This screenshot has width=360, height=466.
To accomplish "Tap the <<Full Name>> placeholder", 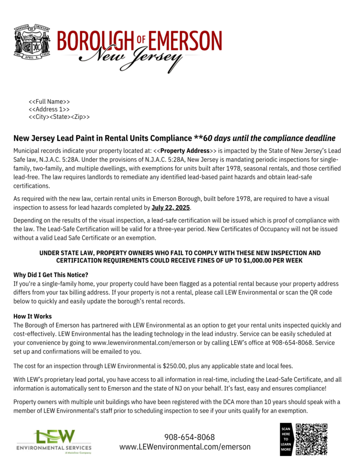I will [49, 102].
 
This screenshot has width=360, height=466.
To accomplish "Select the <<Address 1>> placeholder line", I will [49, 109].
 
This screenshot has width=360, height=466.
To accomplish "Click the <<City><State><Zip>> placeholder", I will [59, 117].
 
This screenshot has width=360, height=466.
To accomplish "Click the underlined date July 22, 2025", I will [171, 208].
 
